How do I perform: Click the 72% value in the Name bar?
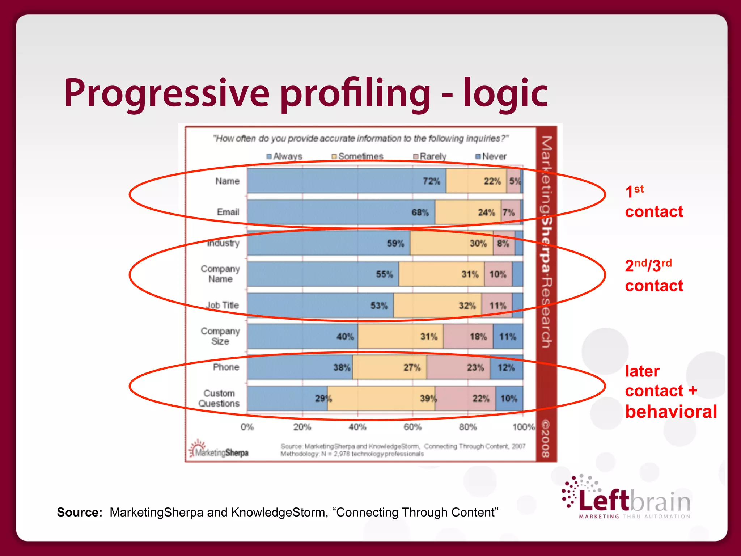pyautogui.click(x=431, y=181)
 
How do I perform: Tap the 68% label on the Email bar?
pyautogui.click(x=420, y=212)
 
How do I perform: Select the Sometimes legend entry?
pyautogui.click(x=357, y=156)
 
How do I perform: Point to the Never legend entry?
pyautogui.click(x=491, y=156)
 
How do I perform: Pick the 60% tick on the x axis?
pyautogui.click(x=412, y=427)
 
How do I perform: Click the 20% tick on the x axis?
pyautogui.click(x=302, y=427)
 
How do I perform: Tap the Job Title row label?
pyautogui.click(x=223, y=305)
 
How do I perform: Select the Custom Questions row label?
pyautogui.click(x=219, y=398)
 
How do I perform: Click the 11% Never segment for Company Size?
pyautogui.click(x=508, y=337)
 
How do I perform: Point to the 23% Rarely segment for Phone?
pyautogui.click(x=475, y=368)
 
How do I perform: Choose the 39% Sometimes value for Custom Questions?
pyautogui.click(x=428, y=399)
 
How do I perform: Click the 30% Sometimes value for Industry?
pyautogui.click(x=478, y=244)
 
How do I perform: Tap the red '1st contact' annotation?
pyautogui.click(x=653, y=202)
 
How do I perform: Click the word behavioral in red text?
pyautogui.click(x=671, y=412)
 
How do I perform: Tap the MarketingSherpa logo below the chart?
pyautogui.click(x=219, y=450)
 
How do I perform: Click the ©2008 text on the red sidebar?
pyautogui.click(x=546, y=438)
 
